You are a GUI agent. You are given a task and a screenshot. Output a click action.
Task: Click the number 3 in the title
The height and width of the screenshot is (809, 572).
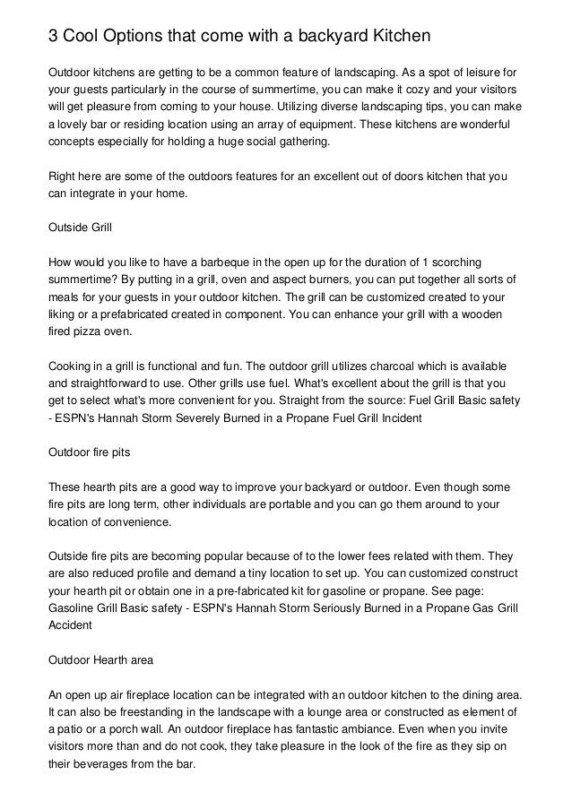tap(53, 36)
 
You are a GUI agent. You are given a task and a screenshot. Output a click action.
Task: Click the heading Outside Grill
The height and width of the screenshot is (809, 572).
tap(79, 228)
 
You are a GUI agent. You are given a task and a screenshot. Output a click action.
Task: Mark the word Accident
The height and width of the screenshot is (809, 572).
tap(71, 627)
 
